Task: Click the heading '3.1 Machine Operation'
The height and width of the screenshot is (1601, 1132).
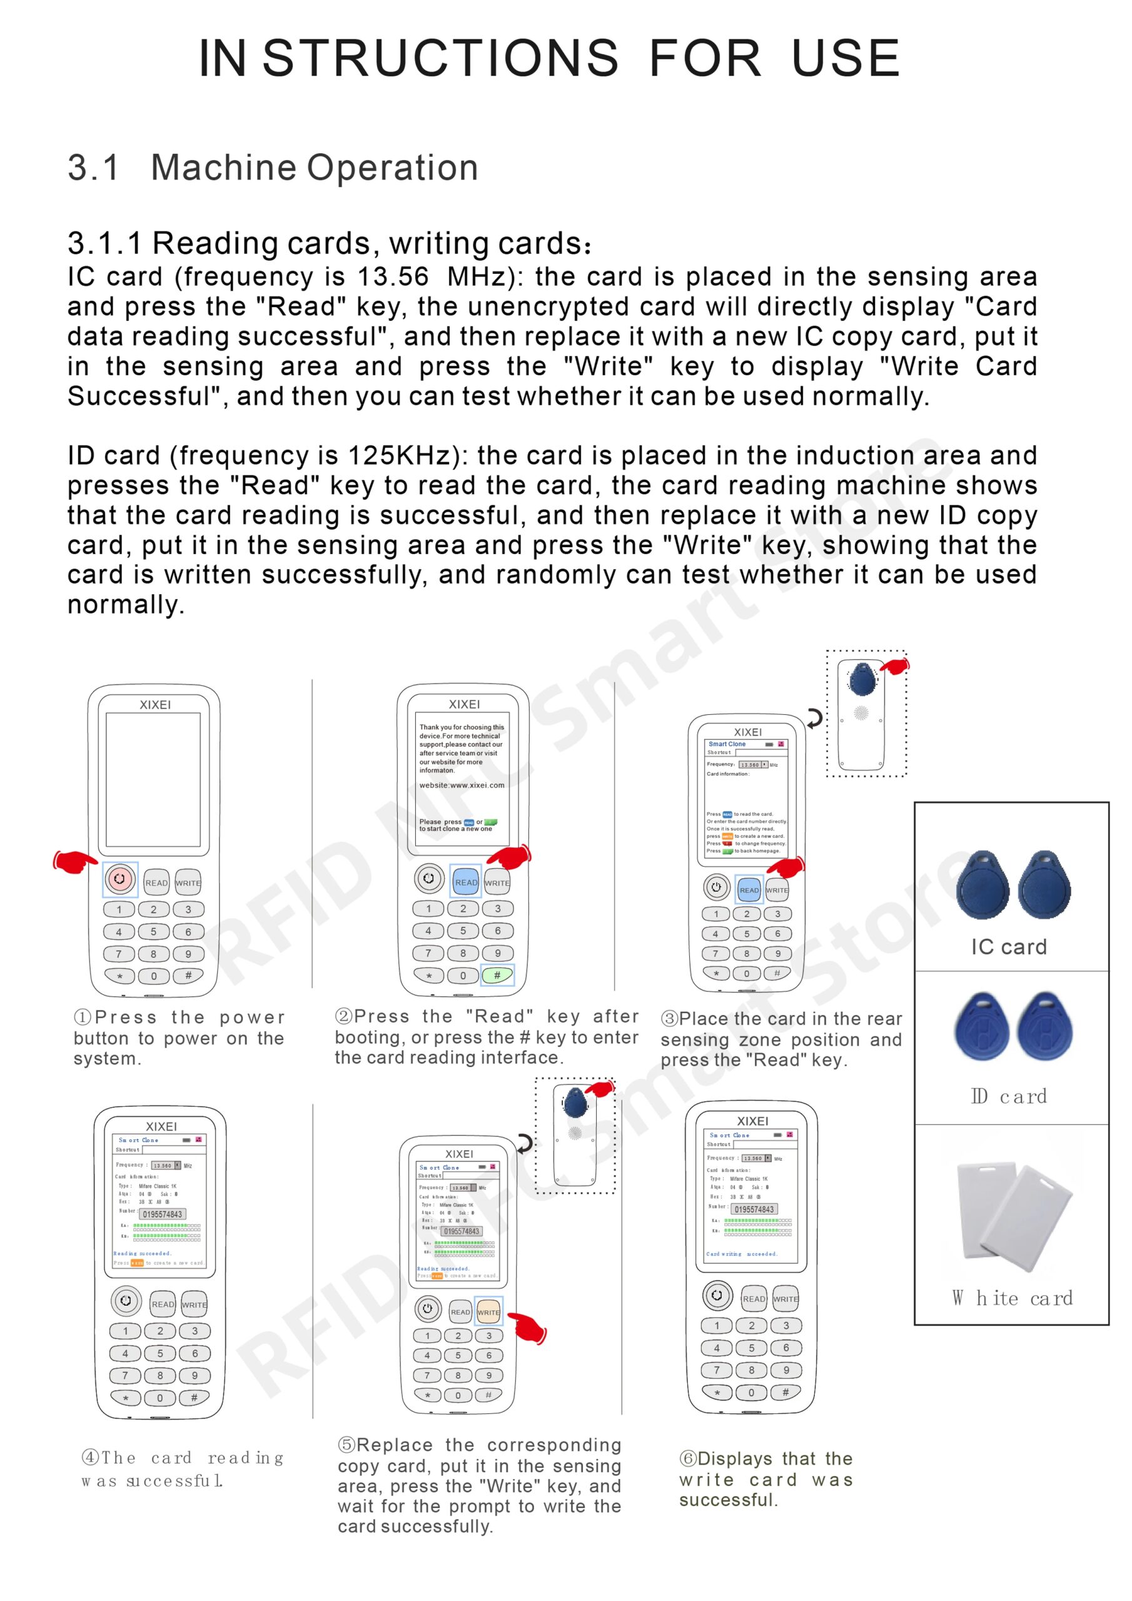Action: click(273, 168)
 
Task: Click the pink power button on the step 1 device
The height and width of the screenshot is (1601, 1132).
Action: click(120, 879)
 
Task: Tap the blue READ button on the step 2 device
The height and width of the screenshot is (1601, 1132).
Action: click(466, 881)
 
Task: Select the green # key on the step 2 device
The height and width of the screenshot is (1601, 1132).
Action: click(497, 975)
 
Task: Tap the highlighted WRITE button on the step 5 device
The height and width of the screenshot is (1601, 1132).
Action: click(488, 1311)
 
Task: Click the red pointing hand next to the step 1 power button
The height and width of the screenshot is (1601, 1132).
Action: click(74, 862)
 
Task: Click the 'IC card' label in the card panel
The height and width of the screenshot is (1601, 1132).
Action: click(1009, 946)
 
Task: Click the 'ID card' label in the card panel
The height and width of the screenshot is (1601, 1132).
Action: click(1009, 1096)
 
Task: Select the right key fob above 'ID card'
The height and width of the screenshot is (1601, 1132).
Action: click(1044, 1025)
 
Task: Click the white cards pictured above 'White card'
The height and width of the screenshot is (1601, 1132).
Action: click(1015, 1214)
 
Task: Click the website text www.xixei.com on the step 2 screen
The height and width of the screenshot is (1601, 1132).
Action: click(461, 785)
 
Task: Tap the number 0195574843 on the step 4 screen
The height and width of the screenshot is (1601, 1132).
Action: click(162, 1214)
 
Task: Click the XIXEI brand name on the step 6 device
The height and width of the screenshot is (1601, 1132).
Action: click(752, 1121)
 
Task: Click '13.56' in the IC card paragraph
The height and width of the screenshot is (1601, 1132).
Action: click(393, 277)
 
